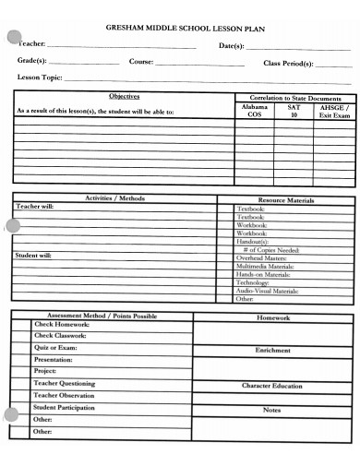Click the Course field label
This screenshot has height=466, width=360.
pos(141,62)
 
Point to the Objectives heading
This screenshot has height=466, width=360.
pos(125,96)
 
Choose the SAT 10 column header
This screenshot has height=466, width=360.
pos(294,111)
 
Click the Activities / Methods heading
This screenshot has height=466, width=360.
pos(114,197)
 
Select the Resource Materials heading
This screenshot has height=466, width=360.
pos(286,199)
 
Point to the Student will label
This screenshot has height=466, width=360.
pos(34,255)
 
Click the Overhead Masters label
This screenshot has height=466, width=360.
pos(262,258)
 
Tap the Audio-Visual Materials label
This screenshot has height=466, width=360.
pos(268,291)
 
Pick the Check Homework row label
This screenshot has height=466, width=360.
pos(62,325)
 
